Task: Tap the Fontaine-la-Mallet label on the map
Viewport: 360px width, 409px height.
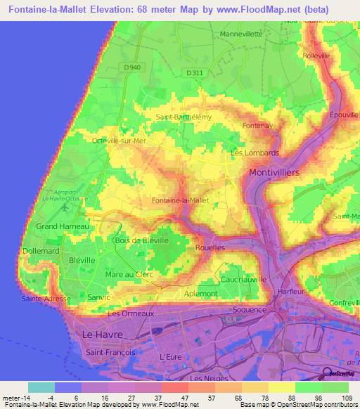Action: [x=181, y=200]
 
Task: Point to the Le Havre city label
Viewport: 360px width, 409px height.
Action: [x=103, y=334]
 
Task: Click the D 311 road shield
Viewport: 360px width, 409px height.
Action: [x=195, y=72]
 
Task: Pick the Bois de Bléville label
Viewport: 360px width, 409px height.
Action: [x=142, y=240]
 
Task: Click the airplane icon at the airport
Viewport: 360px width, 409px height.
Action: [x=66, y=207]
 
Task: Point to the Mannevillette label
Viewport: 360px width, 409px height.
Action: [x=241, y=34]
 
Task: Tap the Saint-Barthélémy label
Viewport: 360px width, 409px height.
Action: [x=184, y=117]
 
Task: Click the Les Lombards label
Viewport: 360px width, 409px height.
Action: [x=255, y=152]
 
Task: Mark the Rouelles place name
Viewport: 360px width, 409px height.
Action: [x=210, y=247]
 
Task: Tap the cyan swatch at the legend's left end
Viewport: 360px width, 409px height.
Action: [x=41, y=387]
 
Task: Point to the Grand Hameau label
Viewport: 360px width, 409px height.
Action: [x=63, y=226]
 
